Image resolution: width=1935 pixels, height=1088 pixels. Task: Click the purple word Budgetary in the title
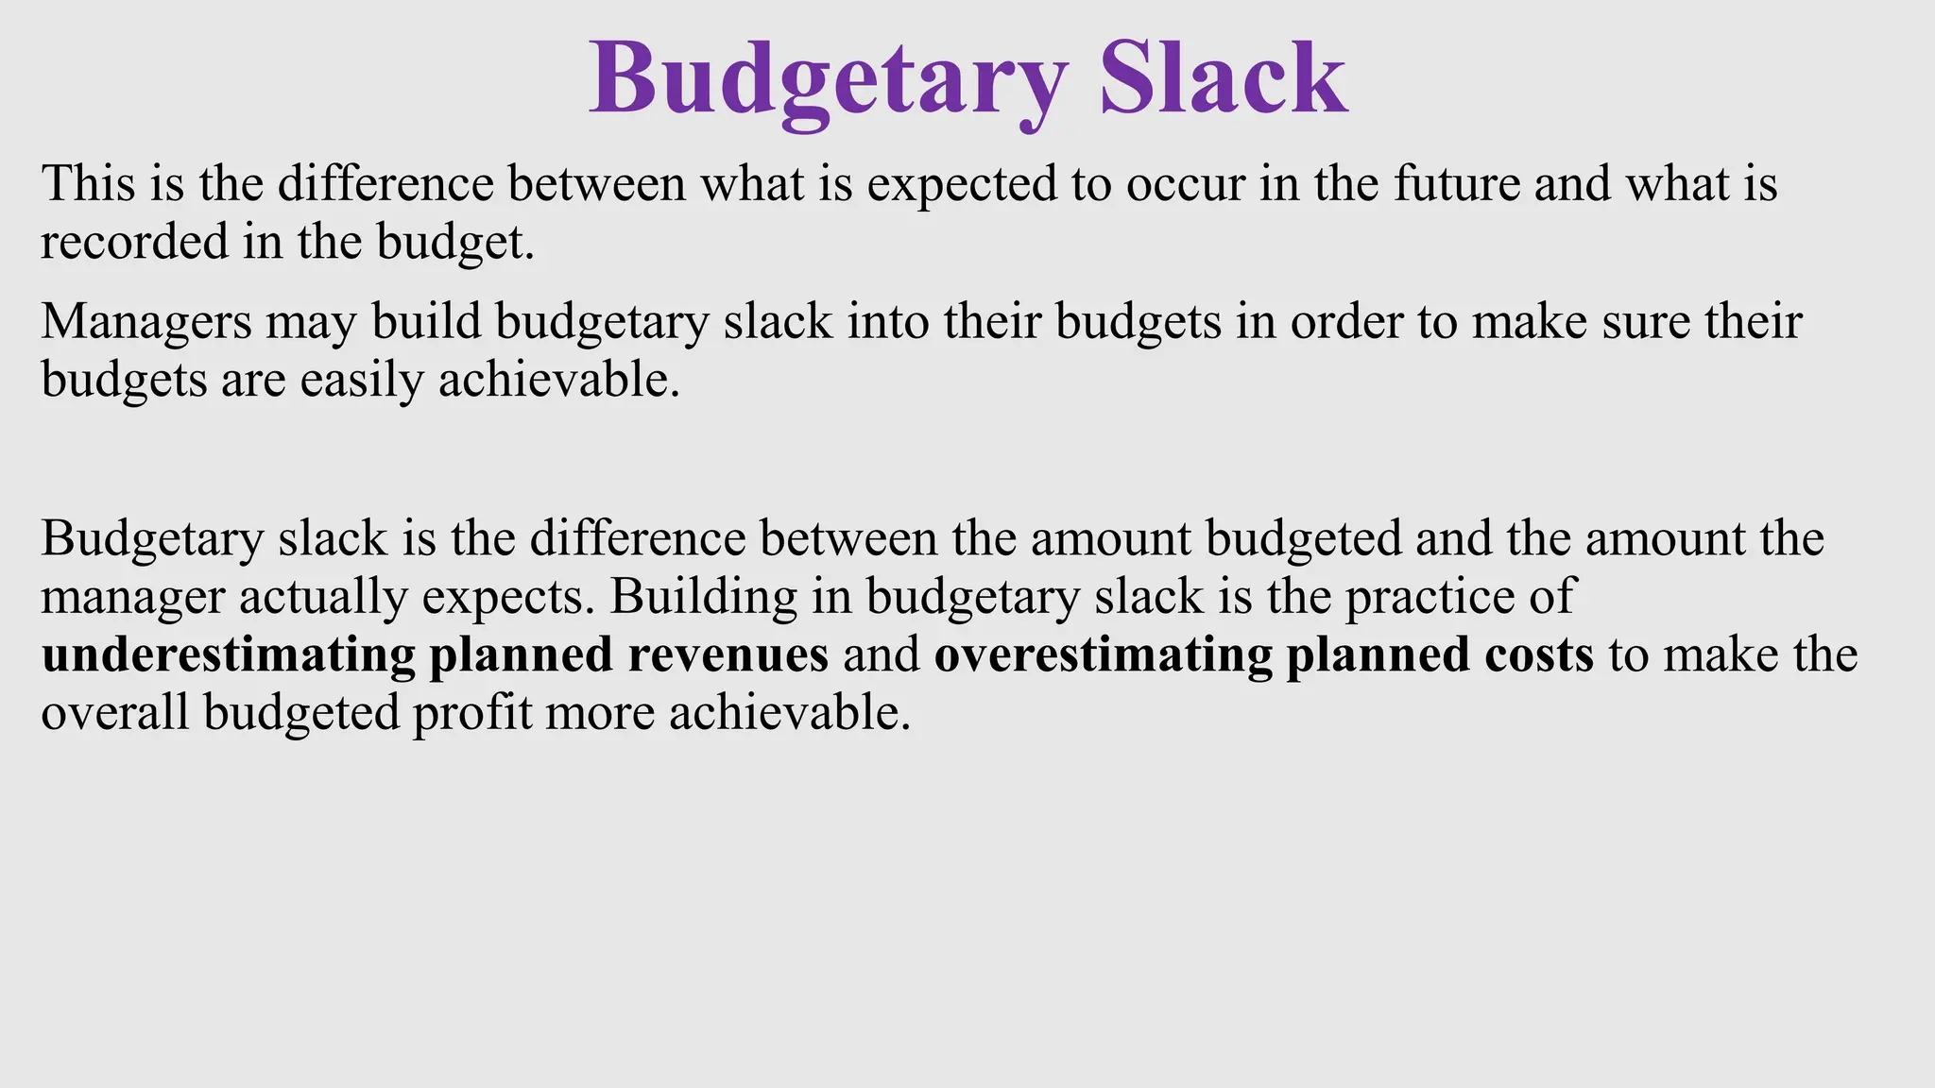click(x=829, y=83)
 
